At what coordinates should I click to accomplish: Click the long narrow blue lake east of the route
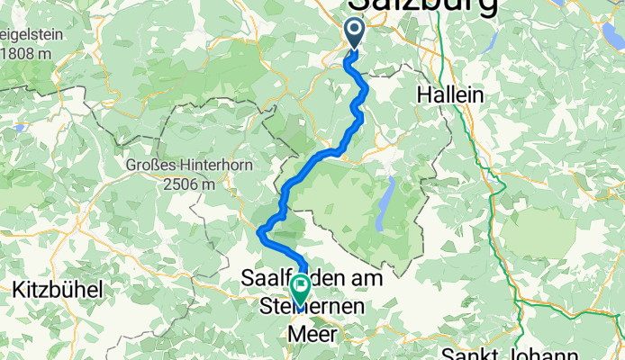coord(386,204)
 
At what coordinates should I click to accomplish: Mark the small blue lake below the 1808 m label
coord(20,128)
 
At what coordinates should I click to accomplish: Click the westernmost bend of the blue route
coord(260,233)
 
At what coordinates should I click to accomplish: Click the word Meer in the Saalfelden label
coord(312,334)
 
